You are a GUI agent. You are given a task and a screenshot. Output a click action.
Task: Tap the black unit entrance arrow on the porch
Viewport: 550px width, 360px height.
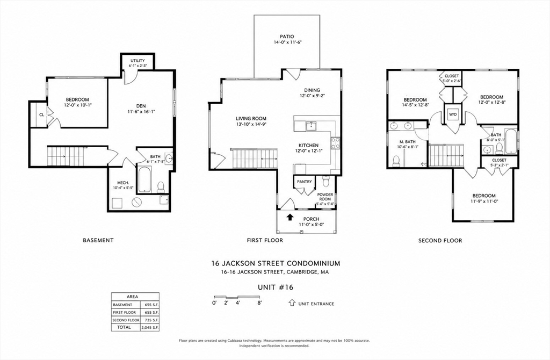pos(290,217)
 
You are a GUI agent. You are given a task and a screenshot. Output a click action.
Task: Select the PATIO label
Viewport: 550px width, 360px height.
pos(287,37)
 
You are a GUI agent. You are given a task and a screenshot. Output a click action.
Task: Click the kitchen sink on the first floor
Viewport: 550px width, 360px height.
pos(310,126)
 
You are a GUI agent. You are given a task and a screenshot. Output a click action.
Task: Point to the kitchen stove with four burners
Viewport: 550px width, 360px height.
pos(335,143)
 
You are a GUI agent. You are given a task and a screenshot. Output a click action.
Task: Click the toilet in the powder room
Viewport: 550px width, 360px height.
pos(325,181)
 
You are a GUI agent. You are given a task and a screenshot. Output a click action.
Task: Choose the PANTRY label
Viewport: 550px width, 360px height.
pos(304,182)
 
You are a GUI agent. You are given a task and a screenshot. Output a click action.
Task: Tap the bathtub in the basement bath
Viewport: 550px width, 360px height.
pos(144,179)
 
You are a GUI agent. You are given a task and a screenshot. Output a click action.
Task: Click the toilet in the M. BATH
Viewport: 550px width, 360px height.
pos(396,161)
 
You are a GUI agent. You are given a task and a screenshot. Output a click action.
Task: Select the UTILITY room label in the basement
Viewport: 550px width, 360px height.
pos(137,61)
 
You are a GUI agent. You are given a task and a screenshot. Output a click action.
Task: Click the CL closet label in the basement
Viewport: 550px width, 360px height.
pos(41,114)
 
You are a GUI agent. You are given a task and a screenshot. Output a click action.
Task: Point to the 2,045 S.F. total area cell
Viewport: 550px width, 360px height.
pos(150,327)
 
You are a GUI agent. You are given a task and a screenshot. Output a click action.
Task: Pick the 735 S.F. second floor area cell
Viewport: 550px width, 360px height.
pos(150,320)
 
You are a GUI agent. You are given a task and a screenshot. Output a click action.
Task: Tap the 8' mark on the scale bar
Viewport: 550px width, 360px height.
pos(259,303)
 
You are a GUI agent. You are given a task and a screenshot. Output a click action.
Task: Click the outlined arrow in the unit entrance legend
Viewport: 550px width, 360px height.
pos(292,303)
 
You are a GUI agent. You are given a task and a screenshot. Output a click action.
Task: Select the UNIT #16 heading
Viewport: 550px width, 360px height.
pos(276,287)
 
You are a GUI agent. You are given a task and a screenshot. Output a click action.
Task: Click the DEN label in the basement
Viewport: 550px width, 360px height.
pos(141,106)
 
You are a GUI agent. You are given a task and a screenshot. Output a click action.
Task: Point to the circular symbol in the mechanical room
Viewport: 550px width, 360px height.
pos(136,202)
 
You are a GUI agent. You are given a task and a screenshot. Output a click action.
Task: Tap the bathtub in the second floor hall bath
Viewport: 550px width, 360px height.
pos(510,141)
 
